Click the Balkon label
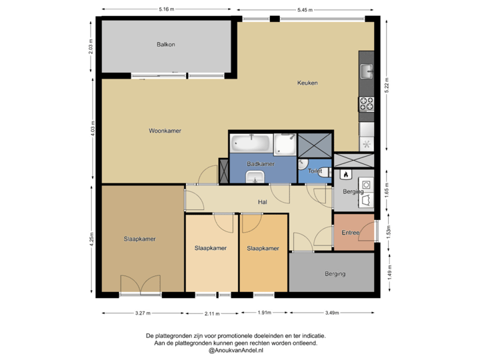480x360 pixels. [166, 45]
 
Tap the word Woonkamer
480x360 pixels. [165, 131]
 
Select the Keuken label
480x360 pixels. [307, 83]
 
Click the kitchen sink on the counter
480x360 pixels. [367, 69]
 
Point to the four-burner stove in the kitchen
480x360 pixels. [367, 104]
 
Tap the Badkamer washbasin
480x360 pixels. [255, 176]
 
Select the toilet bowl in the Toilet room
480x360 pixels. [323, 171]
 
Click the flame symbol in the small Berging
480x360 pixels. [345, 175]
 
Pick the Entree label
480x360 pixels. [351, 233]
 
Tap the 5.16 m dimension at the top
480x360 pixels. [166, 9]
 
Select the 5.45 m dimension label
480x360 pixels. [305, 9]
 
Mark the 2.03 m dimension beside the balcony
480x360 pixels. [91, 46]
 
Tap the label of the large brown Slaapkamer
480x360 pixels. [139, 238]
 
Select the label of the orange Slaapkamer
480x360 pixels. [263, 248]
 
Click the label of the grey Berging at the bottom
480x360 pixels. [335, 273]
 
